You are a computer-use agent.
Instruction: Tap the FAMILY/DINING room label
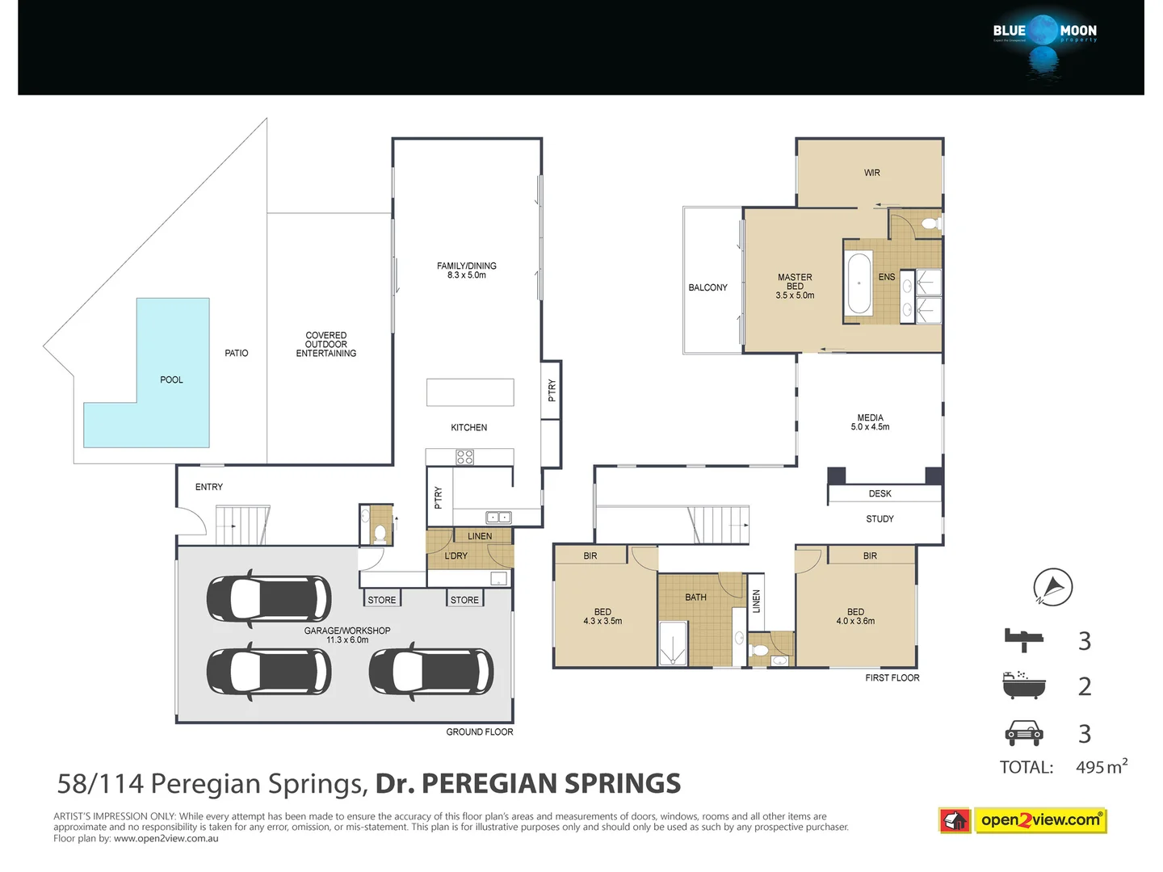(467, 270)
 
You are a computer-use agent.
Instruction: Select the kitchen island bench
(470, 392)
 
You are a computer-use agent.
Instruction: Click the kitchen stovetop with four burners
(465, 457)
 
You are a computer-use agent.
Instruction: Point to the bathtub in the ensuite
(858, 284)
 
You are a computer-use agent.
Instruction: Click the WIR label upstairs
(871, 173)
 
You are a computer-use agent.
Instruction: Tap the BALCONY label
(707, 287)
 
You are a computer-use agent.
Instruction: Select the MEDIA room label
(870, 422)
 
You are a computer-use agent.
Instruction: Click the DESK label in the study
(880, 493)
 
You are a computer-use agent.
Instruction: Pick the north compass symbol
(1053, 587)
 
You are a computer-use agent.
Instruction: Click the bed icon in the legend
(1024, 639)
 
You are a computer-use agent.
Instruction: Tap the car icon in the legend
(1024, 732)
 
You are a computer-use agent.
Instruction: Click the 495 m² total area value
(1101, 766)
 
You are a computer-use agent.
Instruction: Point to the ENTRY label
(208, 487)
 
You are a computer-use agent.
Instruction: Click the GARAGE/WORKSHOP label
(347, 635)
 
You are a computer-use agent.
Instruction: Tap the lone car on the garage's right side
(430, 671)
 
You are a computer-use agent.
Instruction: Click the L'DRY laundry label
(456, 555)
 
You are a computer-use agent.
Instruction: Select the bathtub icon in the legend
(1024, 685)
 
